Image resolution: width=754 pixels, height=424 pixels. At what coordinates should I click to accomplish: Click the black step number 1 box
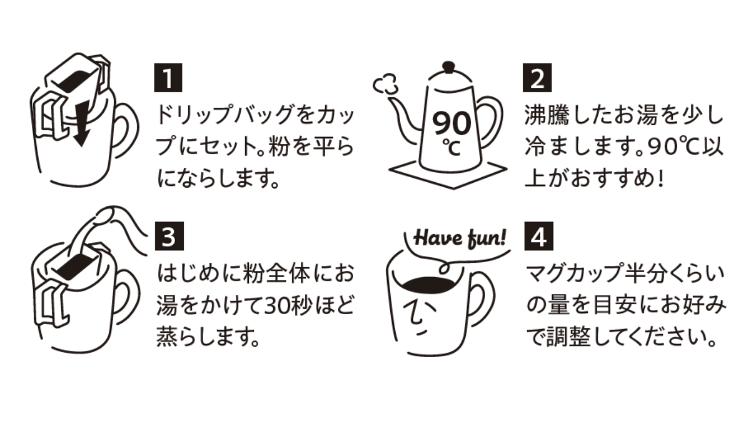(168, 79)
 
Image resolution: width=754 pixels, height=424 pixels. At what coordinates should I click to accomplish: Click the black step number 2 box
(537, 79)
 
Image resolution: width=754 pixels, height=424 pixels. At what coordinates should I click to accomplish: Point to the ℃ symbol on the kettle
(452, 147)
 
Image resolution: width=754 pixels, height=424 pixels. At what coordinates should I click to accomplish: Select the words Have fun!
(459, 239)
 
